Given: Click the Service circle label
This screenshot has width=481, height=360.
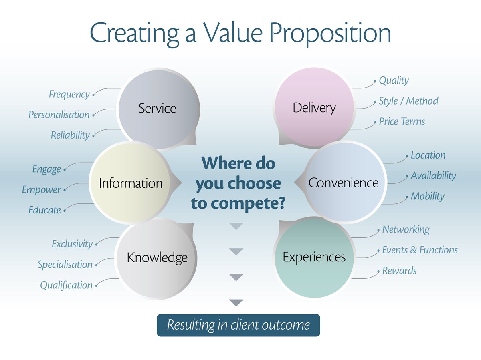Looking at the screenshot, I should point(157,108).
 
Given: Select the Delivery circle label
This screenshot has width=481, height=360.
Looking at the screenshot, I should point(314,108).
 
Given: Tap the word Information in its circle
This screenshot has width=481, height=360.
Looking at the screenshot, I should point(131,183).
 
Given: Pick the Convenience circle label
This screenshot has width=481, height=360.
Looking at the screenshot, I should point(344,183).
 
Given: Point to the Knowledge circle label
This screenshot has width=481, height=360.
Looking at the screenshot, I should point(157,258).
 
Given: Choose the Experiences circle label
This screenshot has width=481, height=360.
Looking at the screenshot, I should point(314,257).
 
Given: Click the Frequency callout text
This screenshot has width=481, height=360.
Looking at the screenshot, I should point(69,95).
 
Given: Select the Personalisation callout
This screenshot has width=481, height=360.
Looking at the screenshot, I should point(59,115).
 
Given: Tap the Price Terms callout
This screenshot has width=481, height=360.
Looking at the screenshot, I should point(402,121).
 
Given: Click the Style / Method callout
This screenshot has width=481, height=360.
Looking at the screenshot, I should point(408,101).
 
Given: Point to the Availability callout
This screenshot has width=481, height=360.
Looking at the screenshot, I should point(433,176).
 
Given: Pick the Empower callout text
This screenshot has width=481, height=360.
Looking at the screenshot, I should point(42,190).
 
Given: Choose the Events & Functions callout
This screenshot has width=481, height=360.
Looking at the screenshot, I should point(420,250).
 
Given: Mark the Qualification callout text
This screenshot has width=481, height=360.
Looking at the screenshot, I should point(66,286).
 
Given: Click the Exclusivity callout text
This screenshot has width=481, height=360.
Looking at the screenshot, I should point(72,244).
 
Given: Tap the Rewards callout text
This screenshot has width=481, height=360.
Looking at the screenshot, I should point(399,271).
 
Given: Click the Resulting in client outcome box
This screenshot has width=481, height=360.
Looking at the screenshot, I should point(238,325).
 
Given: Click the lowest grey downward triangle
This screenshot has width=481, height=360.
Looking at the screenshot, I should point(236,303).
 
